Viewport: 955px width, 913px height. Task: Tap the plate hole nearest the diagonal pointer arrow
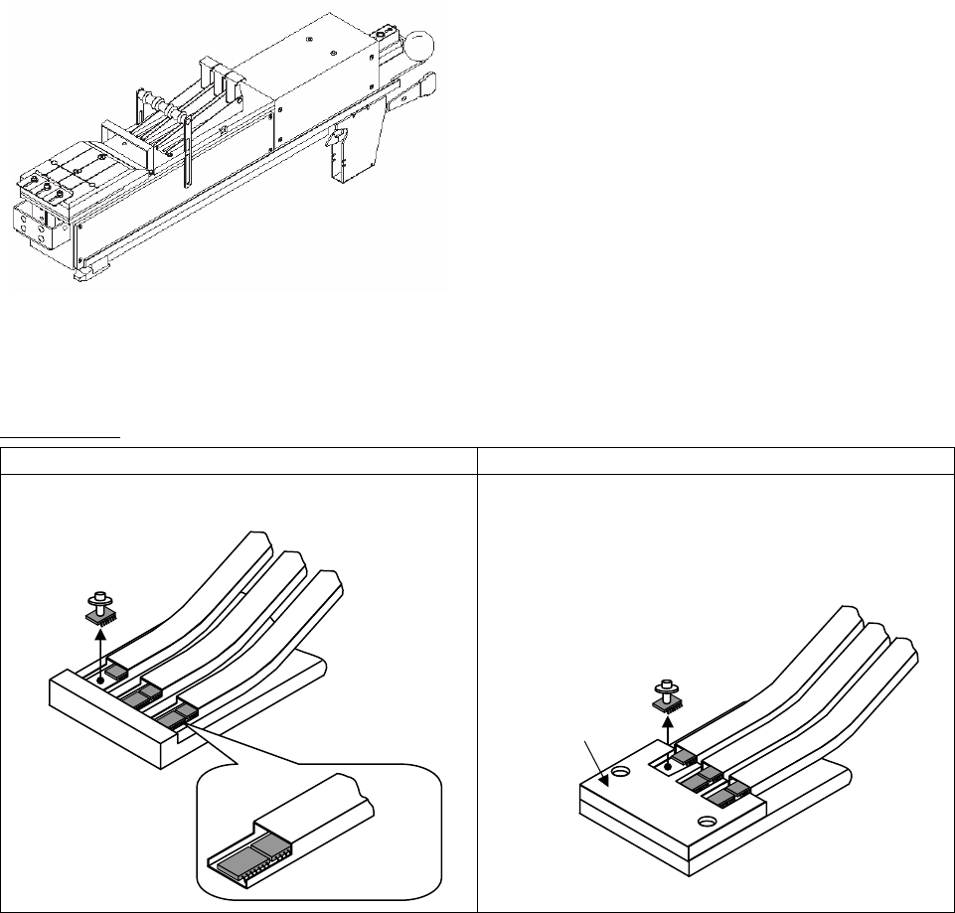[621, 771]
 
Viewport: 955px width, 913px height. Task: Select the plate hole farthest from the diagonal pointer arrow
[708, 821]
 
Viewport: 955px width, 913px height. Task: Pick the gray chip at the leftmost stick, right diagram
[683, 758]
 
